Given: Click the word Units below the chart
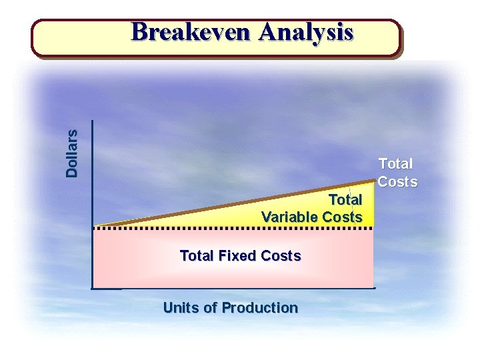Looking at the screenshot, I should click(179, 308).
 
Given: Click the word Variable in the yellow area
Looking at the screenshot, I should click(289, 217).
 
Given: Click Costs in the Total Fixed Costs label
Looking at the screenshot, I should click(281, 255).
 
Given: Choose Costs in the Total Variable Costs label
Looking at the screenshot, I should click(342, 217).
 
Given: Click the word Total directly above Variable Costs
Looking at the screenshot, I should click(345, 200).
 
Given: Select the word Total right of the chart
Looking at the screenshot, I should click(396, 163).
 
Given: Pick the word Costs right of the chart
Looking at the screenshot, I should click(398, 181).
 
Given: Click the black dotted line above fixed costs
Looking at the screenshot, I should click(233, 228).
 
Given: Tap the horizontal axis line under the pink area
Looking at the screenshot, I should click(233, 288).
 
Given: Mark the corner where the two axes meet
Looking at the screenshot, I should click(93, 288).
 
